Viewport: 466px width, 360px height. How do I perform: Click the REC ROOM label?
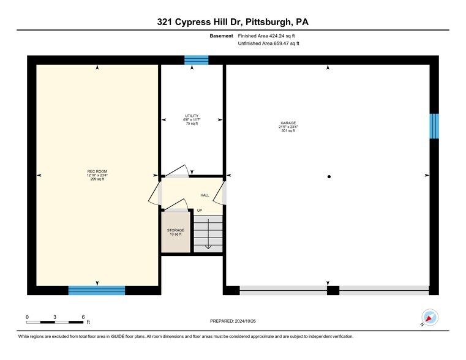tap(97, 171)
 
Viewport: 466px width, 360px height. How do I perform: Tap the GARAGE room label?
tap(288, 123)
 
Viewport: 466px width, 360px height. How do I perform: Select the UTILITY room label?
tap(192, 116)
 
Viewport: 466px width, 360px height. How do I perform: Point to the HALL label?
tap(205, 195)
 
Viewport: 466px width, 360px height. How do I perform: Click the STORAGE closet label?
tap(176, 230)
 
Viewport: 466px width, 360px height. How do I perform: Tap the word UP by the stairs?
tap(200, 211)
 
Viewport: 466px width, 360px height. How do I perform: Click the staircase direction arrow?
tap(208, 234)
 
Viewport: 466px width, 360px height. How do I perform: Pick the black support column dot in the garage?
tap(329, 177)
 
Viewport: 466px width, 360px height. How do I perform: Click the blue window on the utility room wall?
tap(197, 60)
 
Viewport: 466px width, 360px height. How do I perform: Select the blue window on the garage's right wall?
tap(434, 126)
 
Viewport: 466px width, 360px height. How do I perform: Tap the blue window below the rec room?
tap(97, 290)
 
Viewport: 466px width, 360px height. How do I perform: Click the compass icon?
tap(430, 317)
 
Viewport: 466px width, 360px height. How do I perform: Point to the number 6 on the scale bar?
tap(83, 317)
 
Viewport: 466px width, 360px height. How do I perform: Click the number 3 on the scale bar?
tap(54, 317)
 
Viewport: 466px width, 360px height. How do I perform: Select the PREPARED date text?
tap(233, 321)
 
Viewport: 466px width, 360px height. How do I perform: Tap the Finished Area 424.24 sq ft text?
tap(266, 36)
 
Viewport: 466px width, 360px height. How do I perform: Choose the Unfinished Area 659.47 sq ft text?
tap(269, 43)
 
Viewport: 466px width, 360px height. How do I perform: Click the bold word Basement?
tap(222, 36)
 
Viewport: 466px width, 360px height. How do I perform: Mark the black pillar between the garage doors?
tap(333, 290)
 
